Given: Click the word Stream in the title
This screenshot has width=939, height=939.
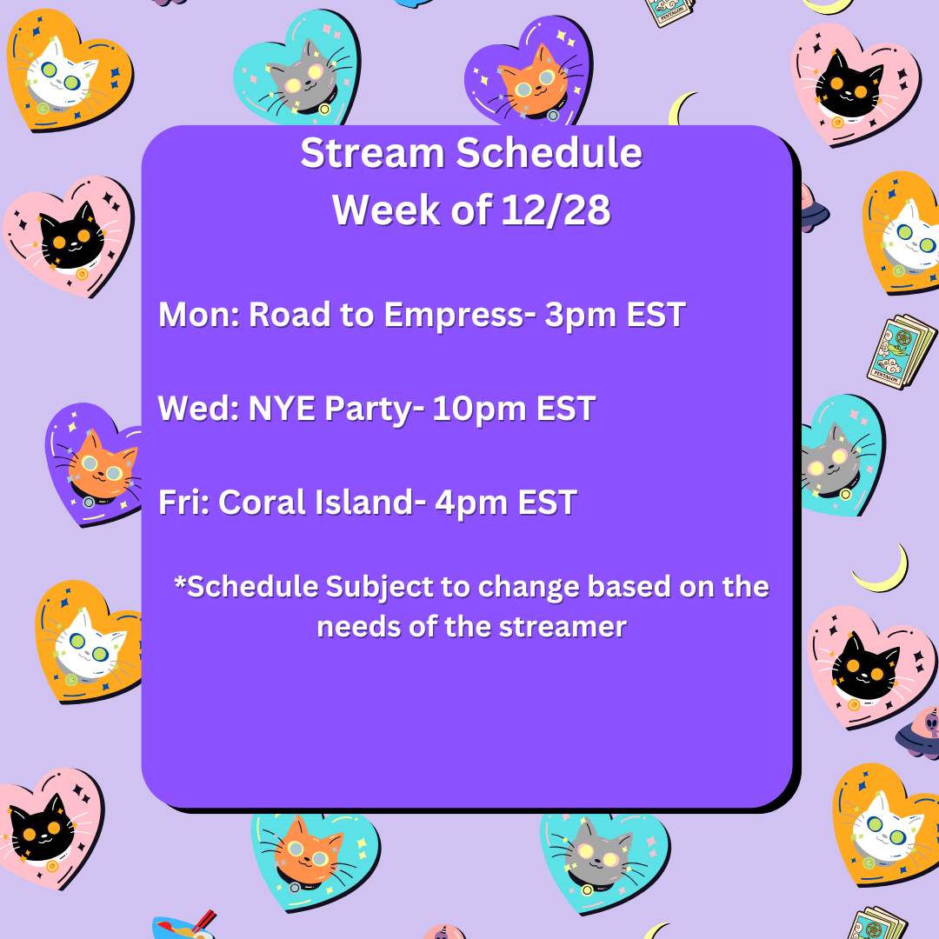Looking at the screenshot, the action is [372, 153].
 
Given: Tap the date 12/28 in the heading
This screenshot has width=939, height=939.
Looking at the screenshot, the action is [556, 210].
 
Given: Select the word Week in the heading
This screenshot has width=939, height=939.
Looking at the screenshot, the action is [386, 210].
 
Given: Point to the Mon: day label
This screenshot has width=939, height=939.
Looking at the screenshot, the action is [199, 315].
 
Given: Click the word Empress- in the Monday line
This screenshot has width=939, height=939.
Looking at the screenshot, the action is [459, 316].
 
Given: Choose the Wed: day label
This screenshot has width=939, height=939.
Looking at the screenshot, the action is [198, 409].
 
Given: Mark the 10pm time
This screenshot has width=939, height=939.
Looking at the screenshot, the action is [479, 410].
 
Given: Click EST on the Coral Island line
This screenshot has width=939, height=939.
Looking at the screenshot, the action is [548, 502].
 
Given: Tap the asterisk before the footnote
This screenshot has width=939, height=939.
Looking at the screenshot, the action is [180, 582].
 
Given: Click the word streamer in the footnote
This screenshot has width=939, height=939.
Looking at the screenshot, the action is [563, 628].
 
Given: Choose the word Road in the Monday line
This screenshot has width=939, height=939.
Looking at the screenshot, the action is [290, 315].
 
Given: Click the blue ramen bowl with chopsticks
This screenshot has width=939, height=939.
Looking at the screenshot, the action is [183, 925].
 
